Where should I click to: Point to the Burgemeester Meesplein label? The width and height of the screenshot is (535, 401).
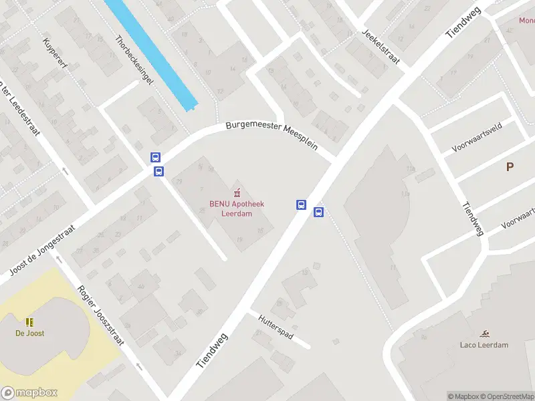[272, 134]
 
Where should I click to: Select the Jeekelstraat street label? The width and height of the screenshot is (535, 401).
[381, 47]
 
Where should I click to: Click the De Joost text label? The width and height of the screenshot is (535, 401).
[30, 333]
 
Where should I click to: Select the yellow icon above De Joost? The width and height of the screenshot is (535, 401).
[29, 321]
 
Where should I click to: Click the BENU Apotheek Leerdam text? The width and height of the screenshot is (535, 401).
[236, 209]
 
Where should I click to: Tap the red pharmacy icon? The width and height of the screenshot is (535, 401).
[235, 192]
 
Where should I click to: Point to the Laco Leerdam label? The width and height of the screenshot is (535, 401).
[484, 345]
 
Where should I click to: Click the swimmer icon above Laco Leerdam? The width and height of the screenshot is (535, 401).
[484, 333]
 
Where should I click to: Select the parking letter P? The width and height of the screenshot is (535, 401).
[510, 167]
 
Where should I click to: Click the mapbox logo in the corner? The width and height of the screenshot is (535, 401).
[29, 393]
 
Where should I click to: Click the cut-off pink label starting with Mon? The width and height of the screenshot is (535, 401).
[526, 20]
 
